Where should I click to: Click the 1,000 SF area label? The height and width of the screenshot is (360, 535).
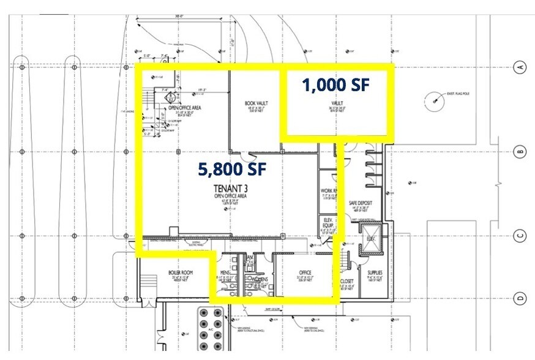pos(335,84)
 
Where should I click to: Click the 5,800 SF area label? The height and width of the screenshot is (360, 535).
pos(230,169)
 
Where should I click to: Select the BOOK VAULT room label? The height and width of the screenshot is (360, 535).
pos(255,105)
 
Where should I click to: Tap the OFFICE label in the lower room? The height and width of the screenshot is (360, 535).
pos(304,272)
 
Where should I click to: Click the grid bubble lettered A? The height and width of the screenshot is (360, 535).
pos(521,67)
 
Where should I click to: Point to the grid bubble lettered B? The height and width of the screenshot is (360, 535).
pos(521,151)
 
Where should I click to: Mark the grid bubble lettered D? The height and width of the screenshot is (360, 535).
pos(521,298)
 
